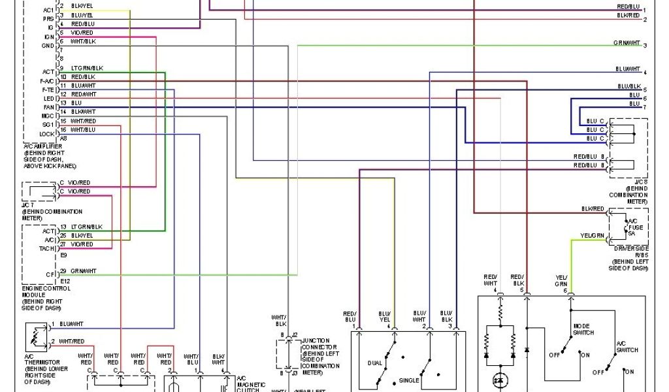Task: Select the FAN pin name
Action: (49, 106)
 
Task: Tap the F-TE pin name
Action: (48, 89)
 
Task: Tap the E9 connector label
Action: (64, 255)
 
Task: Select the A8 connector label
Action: (63, 139)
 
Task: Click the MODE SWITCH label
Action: (583, 329)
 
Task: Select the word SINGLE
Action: (410, 380)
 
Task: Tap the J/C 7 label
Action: (29, 205)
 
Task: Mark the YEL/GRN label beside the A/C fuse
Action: (592, 235)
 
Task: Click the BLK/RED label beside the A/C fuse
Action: (593, 208)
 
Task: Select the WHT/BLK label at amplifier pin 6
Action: (83, 42)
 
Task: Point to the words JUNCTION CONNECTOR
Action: (320, 344)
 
